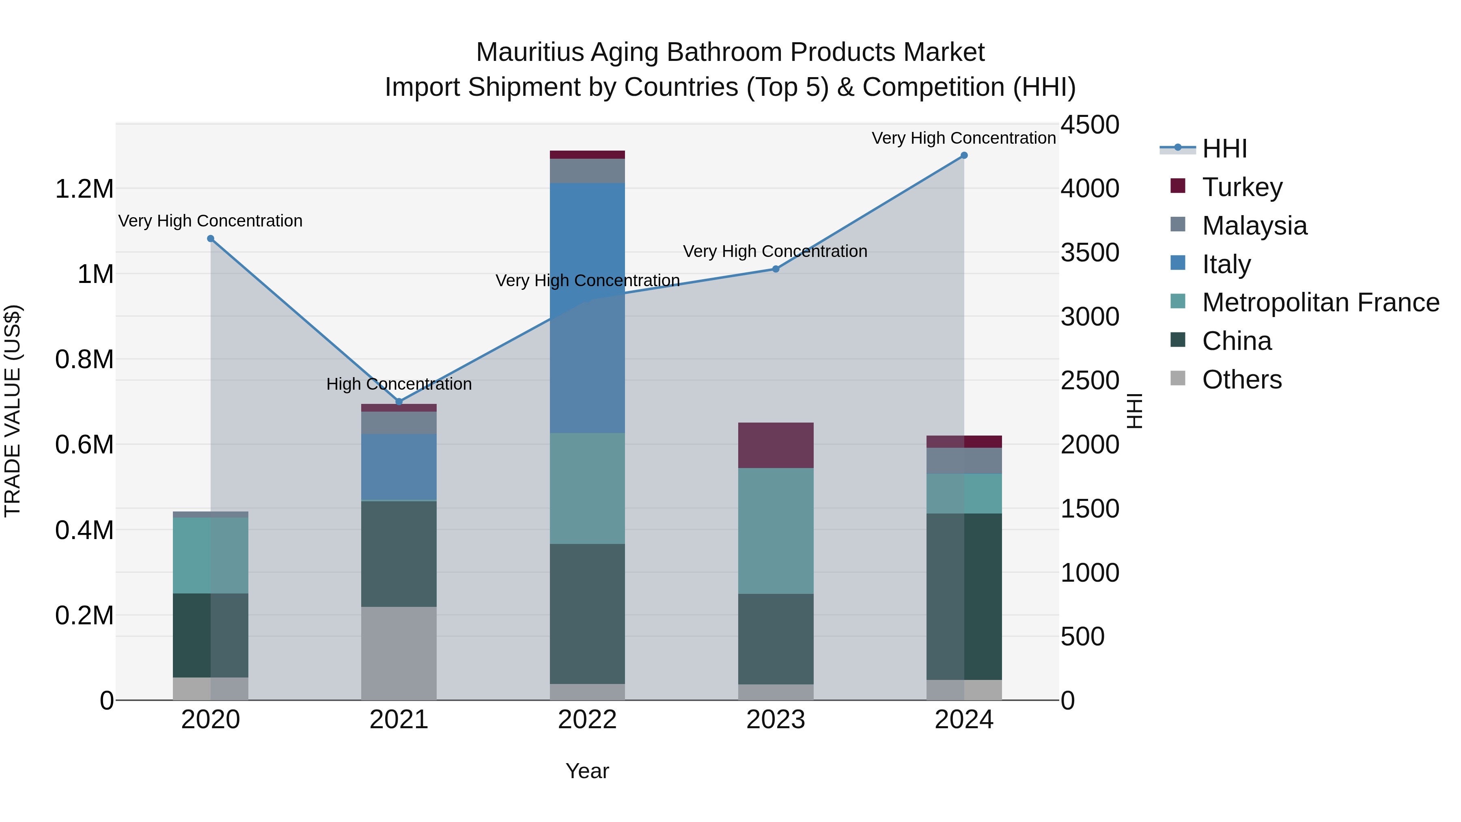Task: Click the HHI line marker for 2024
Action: coord(963,155)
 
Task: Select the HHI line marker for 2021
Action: coord(399,401)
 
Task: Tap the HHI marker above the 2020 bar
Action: coord(210,239)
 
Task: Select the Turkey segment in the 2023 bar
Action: coord(775,445)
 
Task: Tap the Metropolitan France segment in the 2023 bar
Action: coord(775,531)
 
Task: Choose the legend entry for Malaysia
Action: coord(1254,226)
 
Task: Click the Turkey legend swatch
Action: coord(1177,186)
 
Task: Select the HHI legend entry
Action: coord(1224,149)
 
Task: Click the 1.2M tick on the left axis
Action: coord(84,189)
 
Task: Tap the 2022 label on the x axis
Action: coord(587,720)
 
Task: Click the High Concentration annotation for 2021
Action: coord(399,384)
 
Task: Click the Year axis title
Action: coord(587,771)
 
